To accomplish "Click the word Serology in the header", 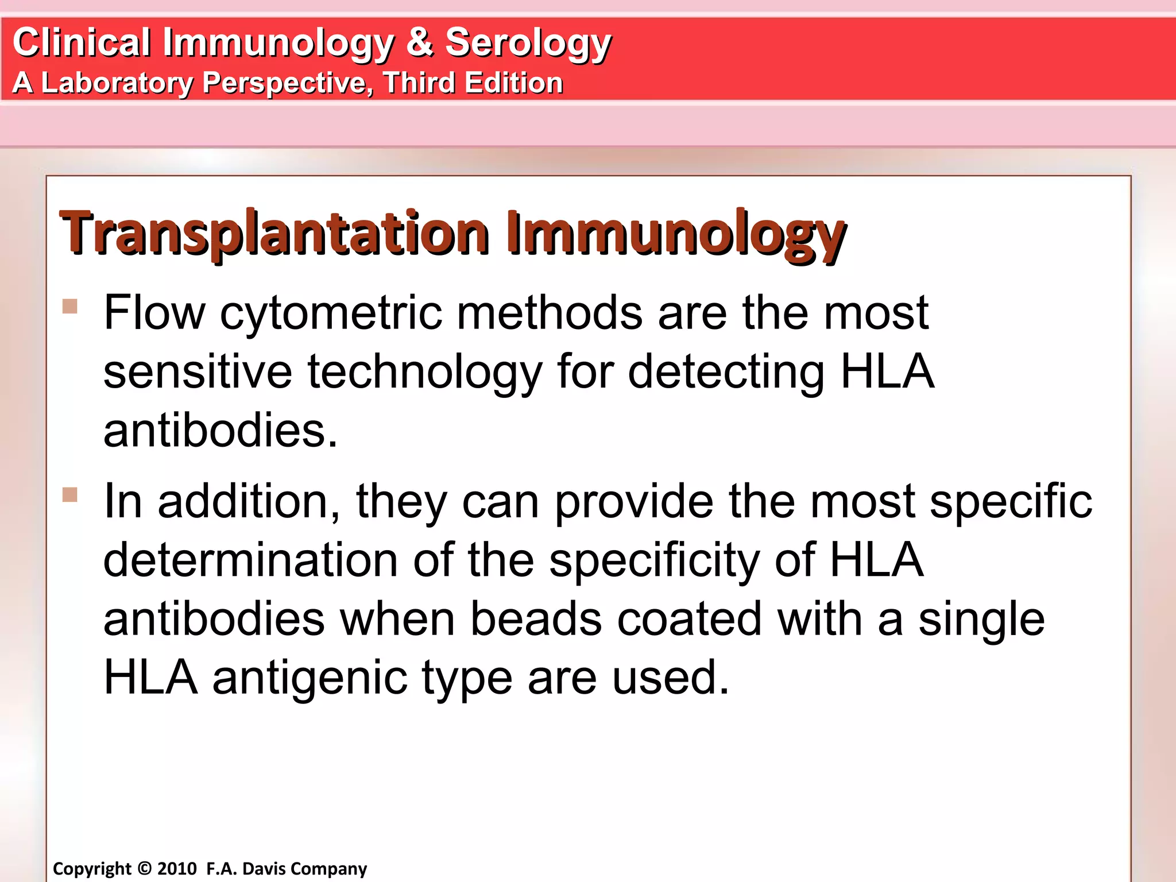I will pos(528,42).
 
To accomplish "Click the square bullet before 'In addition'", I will pos(70,494).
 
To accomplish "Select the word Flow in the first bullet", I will pos(154,313).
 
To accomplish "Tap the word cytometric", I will pos(331,313).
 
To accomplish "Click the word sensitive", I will pos(198,372).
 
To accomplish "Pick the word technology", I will pos(425,372).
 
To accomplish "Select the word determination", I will pos(250,560).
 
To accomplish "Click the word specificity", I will pos(654,560).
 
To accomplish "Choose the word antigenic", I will pos(310,678).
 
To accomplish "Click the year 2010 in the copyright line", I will pos(177,869).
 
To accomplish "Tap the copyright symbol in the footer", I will pos(145,869).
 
